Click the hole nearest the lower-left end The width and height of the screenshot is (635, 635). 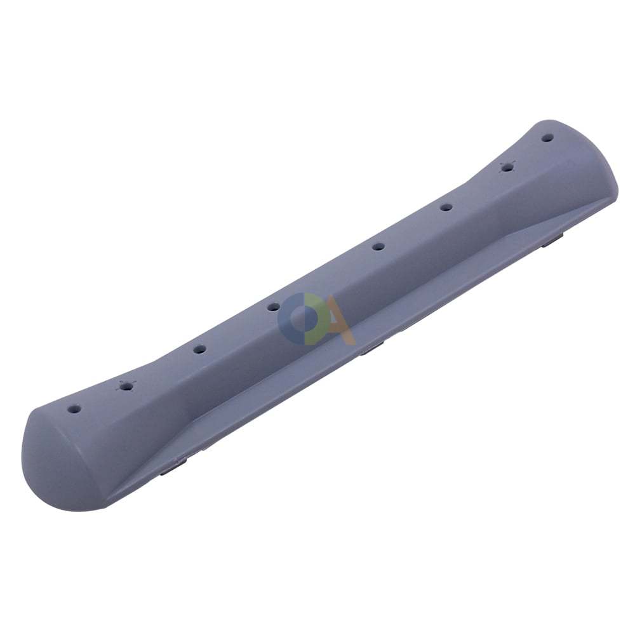tap(73, 409)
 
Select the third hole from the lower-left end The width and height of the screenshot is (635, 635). tap(198, 349)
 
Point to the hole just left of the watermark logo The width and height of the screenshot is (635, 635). tap(273, 307)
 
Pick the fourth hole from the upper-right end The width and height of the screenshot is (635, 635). tap(378, 246)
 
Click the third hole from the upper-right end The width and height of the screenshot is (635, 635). tap(446, 208)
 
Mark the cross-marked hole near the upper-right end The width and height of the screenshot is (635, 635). tap(507, 166)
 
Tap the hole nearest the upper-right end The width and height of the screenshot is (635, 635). tap(548, 138)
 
